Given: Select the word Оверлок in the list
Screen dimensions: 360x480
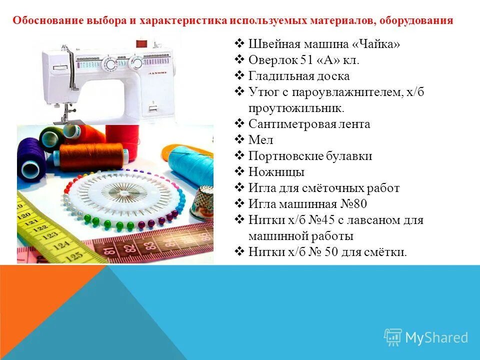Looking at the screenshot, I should (273, 60).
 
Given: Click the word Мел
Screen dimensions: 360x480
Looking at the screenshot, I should (261, 140).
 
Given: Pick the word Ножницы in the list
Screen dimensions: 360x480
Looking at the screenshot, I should (276, 172).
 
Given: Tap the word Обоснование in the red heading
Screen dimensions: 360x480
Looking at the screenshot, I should (43, 21).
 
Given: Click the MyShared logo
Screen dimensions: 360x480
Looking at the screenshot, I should (426, 337).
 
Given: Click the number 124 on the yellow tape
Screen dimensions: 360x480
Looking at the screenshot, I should (61, 245).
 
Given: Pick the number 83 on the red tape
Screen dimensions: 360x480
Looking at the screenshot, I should (148, 245).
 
